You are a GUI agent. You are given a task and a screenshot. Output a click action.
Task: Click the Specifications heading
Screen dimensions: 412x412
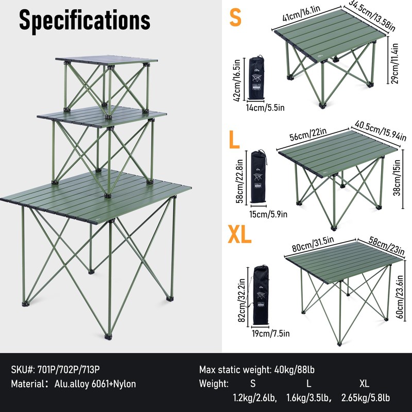click(x=85, y=20)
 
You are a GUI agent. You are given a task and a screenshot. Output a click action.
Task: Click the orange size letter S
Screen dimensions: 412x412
click(x=235, y=18)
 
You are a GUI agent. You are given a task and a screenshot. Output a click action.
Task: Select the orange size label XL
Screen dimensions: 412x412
click(x=240, y=235)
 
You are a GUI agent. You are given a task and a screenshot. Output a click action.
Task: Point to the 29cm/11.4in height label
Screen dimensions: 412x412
click(x=395, y=63)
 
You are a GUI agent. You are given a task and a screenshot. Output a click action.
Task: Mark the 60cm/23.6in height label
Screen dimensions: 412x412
click(x=396, y=299)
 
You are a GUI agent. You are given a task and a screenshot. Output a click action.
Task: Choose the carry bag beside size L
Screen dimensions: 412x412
click(x=258, y=177)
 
